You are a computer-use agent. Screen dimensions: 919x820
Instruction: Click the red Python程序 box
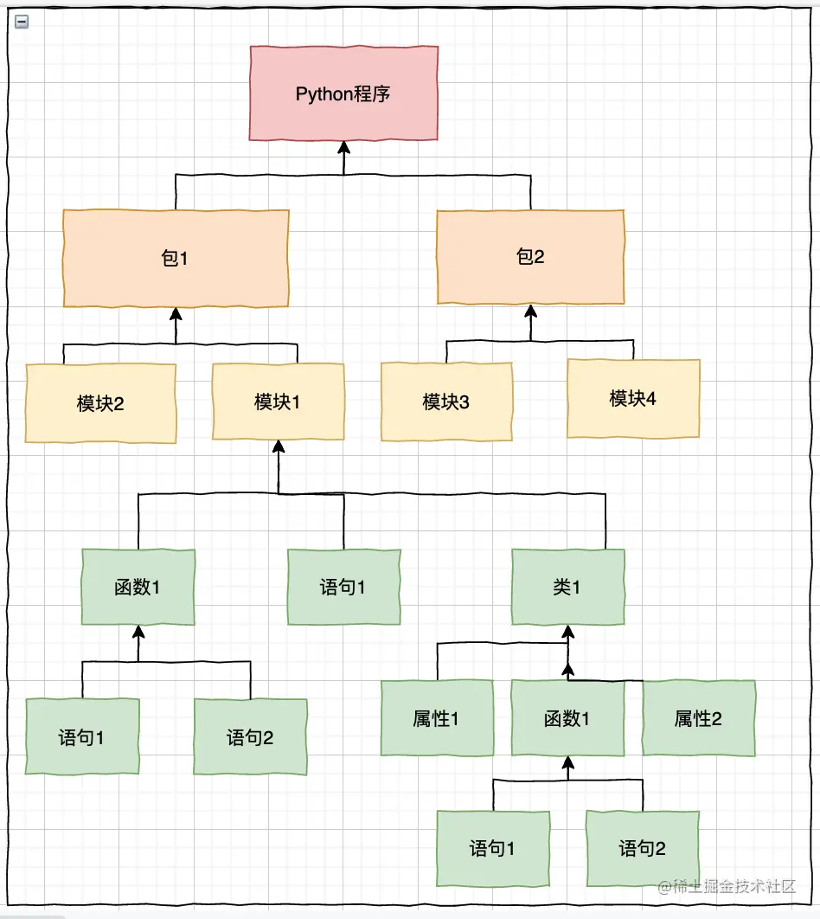pyautogui.click(x=343, y=93)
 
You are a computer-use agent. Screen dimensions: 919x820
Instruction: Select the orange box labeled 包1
pyautogui.click(x=176, y=258)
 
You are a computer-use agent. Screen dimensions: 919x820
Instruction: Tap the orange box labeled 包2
pyautogui.click(x=530, y=257)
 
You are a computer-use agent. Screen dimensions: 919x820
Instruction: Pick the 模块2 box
pyautogui.click(x=100, y=403)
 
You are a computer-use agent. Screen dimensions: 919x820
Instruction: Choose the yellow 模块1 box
pyautogui.click(x=278, y=402)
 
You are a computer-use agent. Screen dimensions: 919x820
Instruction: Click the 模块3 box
pyautogui.click(x=446, y=402)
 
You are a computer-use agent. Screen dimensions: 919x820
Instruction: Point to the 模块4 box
pyautogui.click(x=633, y=399)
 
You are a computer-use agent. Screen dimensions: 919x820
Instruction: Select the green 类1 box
pyautogui.click(x=567, y=587)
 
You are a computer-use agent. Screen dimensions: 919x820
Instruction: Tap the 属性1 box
pyautogui.click(x=436, y=718)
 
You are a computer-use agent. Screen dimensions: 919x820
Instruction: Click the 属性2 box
pyautogui.click(x=698, y=718)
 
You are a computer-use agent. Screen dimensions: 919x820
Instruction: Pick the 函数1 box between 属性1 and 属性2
pyautogui.click(x=567, y=718)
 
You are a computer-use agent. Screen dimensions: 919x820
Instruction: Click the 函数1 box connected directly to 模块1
pyautogui.click(x=138, y=587)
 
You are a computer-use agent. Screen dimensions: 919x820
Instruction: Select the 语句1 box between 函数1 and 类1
pyautogui.click(x=343, y=587)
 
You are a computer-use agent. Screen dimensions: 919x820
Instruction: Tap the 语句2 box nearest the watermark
pyautogui.click(x=642, y=849)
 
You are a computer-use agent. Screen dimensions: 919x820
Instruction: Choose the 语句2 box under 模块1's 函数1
pyautogui.click(x=250, y=736)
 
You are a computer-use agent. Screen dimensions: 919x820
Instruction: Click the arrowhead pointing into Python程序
pyautogui.click(x=343, y=148)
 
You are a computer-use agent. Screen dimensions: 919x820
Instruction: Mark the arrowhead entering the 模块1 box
pyautogui.click(x=278, y=447)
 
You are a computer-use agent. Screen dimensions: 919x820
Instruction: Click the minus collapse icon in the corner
pyautogui.click(x=22, y=22)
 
